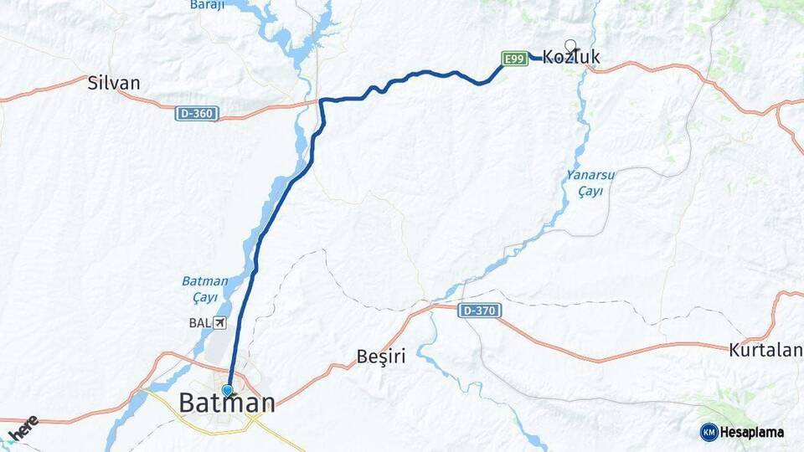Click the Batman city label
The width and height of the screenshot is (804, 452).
click(227, 403)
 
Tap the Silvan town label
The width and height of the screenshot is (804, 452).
click(114, 83)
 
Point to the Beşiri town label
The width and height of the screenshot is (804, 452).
click(381, 357)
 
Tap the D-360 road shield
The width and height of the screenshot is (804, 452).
click(197, 113)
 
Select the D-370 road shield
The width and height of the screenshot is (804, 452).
click(480, 311)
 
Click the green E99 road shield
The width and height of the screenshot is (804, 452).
click(514, 58)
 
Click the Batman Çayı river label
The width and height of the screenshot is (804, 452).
click(204, 290)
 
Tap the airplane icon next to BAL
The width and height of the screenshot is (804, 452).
click(219, 322)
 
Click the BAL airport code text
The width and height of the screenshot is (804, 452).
click(199, 322)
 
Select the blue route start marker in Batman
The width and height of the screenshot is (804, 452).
click(227, 390)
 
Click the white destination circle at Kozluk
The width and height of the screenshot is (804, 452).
click(570, 45)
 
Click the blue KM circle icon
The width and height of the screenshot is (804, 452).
click(709, 432)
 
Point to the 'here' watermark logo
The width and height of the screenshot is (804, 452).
click(23, 429)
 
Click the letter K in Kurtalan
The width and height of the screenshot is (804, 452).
click(734, 350)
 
